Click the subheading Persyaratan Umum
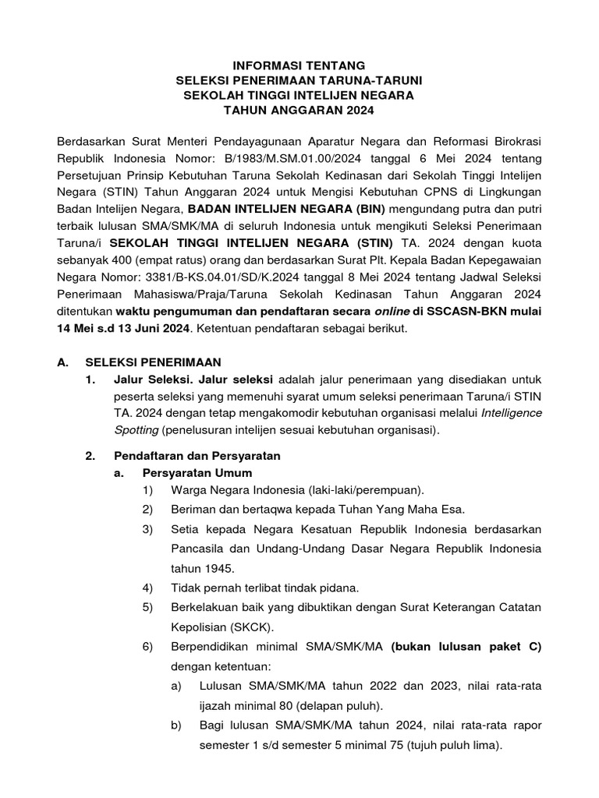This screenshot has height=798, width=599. click(197, 472)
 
